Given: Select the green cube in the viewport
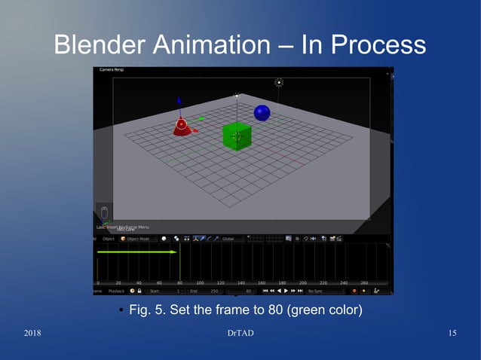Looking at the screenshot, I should tap(237, 136).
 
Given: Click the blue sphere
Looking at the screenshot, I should tap(262, 113).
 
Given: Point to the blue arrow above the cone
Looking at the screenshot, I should tap(179, 102).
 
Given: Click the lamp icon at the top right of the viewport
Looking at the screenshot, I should tap(279, 82).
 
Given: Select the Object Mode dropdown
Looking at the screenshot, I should tap(136, 239).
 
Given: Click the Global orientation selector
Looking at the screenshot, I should tap(228, 239).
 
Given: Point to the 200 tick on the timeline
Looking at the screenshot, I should tap(302, 282).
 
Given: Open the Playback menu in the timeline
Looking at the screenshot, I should tap(117, 290).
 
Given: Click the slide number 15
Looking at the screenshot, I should tap(452, 334).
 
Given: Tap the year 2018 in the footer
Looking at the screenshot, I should tap(33, 334).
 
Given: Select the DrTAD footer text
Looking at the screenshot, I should tap(240, 334).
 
